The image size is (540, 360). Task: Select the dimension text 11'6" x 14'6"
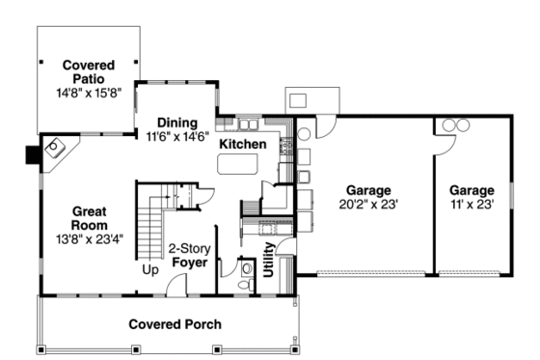coord(177,138)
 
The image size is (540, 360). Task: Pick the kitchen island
coord(237,165)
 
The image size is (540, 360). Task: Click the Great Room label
coord(87,218)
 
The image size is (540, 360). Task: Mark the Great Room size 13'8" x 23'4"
coord(87,241)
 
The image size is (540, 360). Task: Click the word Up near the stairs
coord(151,269)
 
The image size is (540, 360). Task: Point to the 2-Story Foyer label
coord(190,254)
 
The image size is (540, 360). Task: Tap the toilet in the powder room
coord(247,268)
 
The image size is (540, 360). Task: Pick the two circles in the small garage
coord(454,125)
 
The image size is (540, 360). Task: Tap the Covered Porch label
coord(175,323)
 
